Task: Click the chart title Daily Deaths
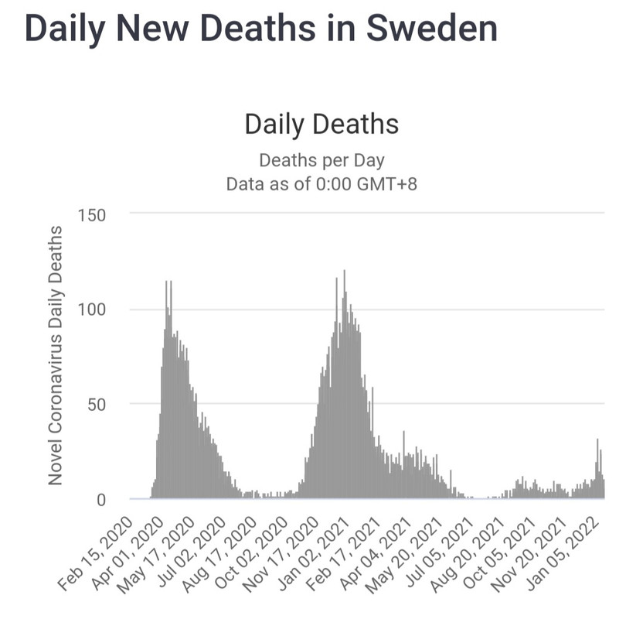321,124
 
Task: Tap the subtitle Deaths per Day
321,160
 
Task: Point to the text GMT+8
386,185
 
